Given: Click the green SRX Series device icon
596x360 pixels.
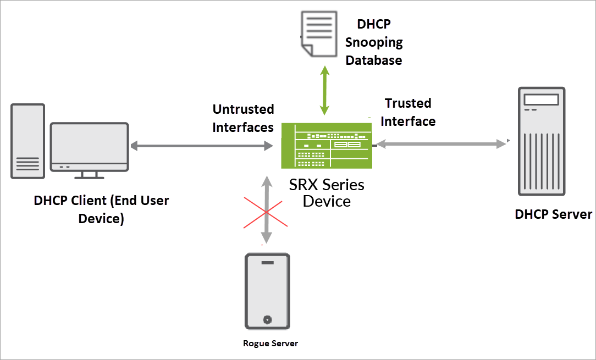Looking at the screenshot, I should [x=326, y=145].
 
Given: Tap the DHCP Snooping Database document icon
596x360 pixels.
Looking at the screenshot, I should [x=317, y=32].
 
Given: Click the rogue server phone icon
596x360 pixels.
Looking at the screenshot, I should [x=267, y=291].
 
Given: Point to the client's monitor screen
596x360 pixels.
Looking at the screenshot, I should [x=89, y=145].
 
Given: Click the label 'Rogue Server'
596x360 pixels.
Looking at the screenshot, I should [x=271, y=344].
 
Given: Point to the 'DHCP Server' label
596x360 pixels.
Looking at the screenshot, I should [x=553, y=214].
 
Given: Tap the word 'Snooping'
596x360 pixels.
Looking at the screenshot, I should [x=374, y=42].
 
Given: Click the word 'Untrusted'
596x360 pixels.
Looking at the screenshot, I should [x=243, y=109].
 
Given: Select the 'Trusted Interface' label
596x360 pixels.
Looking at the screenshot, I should [x=408, y=112].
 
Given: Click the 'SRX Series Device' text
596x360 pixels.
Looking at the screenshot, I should [x=327, y=192].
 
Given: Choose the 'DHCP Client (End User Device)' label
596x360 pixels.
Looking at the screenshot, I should [x=101, y=209].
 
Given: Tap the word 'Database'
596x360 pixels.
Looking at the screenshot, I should [x=374, y=60].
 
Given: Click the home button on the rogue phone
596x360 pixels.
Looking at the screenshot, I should [x=267, y=319].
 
